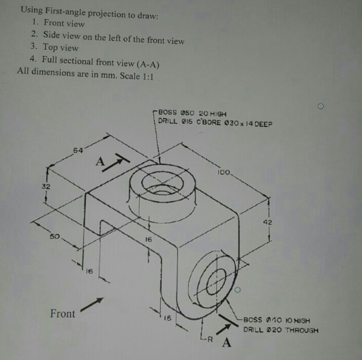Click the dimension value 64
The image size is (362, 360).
pos(78,151)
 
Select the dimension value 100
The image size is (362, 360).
pos(224,172)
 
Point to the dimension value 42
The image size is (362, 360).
pos(267,222)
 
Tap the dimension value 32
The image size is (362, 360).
pos(46,186)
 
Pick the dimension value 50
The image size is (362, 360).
pos(55,237)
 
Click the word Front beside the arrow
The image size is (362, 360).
pos(63,314)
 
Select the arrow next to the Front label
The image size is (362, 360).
pos(92,304)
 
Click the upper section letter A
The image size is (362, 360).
pos(100,162)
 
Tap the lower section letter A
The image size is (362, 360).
pos(226,343)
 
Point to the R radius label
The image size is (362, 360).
pos(209,340)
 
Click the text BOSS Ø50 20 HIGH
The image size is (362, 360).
pos(192,113)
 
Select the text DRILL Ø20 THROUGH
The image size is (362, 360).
pos(281,330)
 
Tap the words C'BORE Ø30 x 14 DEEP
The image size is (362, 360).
pos(235,123)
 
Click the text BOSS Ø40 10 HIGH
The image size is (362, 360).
pos(277,320)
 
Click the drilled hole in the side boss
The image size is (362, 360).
pos(216,282)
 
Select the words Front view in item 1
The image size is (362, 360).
pos(64,23)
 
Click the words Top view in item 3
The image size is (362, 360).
pos(61,47)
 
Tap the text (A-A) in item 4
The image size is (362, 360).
pos(148,64)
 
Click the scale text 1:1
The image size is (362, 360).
pos(148,76)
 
